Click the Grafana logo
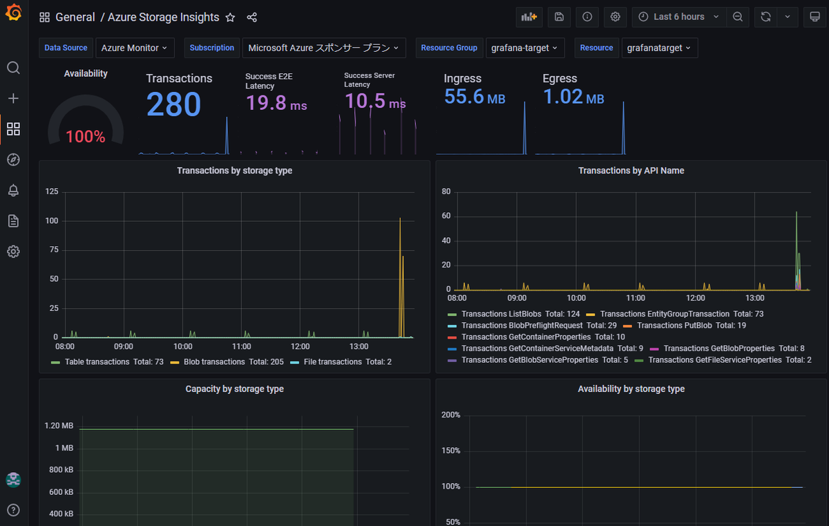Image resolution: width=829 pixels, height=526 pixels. [14, 12]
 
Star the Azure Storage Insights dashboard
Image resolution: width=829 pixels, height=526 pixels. [230, 17]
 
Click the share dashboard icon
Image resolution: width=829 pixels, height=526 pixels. [252, 17]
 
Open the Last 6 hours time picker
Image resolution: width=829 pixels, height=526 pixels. [679, 17]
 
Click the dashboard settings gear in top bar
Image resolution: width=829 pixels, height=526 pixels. [615, 17]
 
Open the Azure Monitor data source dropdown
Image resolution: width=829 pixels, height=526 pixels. [135, 48]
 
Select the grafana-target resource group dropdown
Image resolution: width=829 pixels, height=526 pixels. [525, 48]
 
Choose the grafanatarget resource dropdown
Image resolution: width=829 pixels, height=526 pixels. [660, 48]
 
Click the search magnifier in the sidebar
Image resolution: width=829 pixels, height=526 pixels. [13, 68]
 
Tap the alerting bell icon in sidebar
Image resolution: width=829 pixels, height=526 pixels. [13, 190]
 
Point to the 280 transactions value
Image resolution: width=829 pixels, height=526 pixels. [173, 104]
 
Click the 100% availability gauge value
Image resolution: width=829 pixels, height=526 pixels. [86, 137]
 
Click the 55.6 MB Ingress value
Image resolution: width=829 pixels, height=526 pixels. [475, 97]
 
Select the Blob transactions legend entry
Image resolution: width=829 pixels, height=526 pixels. [227, 361]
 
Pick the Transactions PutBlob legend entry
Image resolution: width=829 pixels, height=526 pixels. [685, 326]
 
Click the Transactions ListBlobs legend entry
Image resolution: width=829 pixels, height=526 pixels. [514, 314]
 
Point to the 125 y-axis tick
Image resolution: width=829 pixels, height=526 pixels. [52, 191]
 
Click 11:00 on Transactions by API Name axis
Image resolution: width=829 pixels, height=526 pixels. [636, 298]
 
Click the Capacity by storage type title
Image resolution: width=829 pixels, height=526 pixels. [235, 388]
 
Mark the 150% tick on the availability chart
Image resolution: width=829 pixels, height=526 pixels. [450, 451]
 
